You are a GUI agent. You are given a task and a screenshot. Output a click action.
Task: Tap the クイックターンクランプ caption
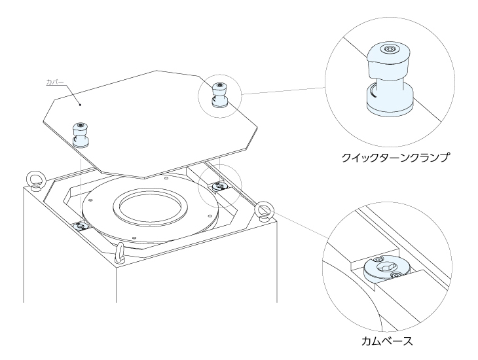point(395,158)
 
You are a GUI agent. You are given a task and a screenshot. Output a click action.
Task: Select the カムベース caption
point(387,340)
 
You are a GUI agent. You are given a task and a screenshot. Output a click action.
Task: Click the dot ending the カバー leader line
point(80,105)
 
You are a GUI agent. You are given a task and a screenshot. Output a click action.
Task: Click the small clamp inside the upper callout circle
point(220,95)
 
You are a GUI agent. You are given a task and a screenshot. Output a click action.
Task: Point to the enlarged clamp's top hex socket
point(388,48)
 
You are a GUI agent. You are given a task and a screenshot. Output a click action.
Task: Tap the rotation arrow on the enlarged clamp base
point(373,92)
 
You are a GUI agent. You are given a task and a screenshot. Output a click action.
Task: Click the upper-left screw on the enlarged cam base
point(378,259)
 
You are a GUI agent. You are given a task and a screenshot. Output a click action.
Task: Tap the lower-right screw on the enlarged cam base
point(396,276)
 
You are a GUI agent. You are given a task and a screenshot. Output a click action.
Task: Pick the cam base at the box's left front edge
point(81,226)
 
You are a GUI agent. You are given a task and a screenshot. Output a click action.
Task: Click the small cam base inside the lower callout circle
point(219,186)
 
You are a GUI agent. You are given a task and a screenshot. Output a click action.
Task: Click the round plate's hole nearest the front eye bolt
point(134,238)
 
